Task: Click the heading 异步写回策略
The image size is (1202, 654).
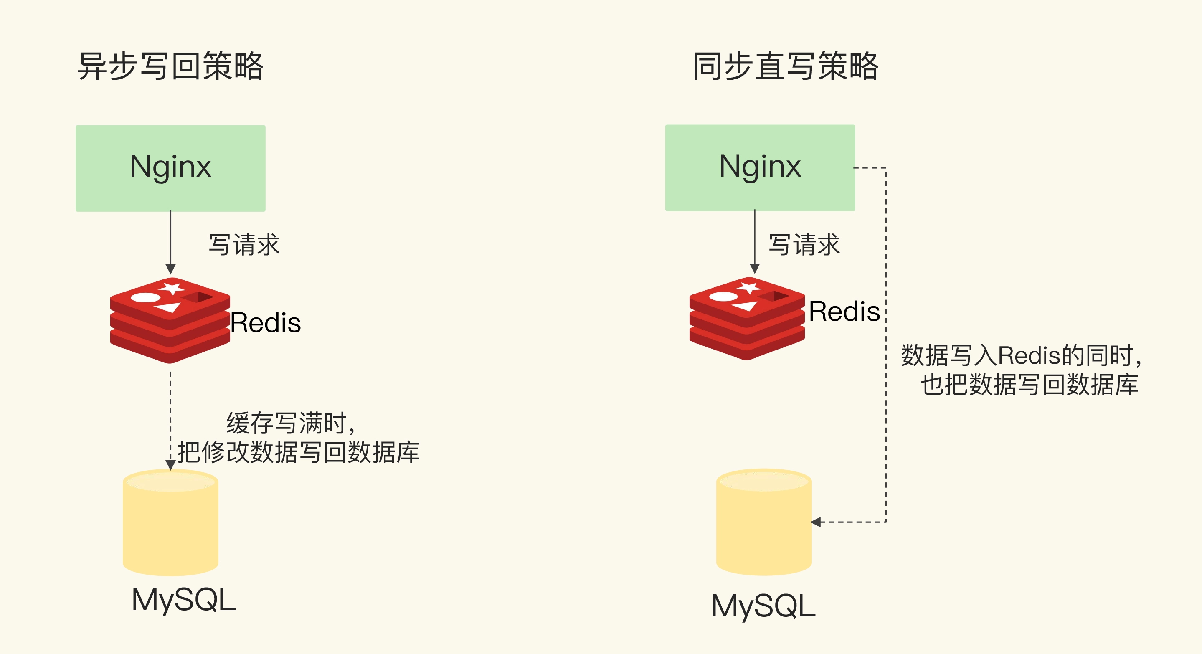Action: pos(170,66)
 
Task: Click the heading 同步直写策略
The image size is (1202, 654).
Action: pos(785,66)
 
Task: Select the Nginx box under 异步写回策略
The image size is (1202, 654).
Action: pos(170,168)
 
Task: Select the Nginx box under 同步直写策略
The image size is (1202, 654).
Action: pos(760,167)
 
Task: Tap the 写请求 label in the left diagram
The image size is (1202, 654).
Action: pos(243,245)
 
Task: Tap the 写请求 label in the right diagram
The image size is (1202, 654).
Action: pos(804,245)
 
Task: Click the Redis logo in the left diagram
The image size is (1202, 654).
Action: pos(170,320)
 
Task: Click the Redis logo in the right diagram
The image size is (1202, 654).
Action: pos(747,319)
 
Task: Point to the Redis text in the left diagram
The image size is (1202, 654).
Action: pos(266,323)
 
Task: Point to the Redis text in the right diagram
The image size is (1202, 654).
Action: pos(844,312)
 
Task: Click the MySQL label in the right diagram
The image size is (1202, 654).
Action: pos(763,606)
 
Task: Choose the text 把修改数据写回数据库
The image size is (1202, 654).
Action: pos(299,452)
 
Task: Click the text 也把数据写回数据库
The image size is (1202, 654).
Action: pos(1030,385)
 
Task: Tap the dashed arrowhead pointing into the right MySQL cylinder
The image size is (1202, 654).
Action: pos(816,522)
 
